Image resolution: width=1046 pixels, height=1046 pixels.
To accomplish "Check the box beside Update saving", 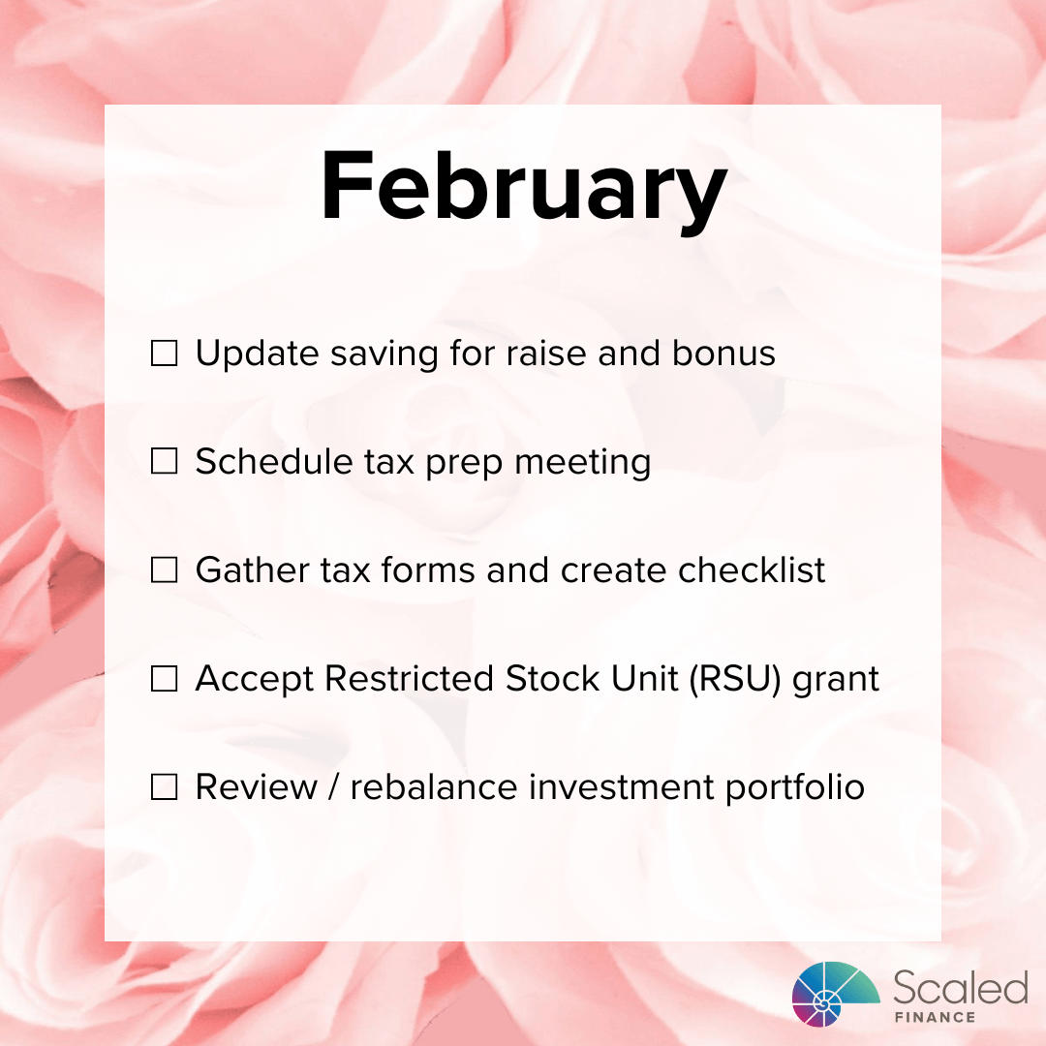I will [165, 354].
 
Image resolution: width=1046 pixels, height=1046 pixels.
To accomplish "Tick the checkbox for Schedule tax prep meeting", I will [165, 463].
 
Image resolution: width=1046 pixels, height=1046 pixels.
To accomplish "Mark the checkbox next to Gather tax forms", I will [165, 571].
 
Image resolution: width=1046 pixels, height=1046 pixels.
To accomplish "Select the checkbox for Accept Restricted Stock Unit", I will [165, 680].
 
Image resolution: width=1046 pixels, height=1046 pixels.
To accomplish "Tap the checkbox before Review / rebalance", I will [165, 788].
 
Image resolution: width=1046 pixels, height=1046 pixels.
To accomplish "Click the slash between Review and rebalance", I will [333, 787].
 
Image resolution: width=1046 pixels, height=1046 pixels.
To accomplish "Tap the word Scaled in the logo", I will [960, 989].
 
